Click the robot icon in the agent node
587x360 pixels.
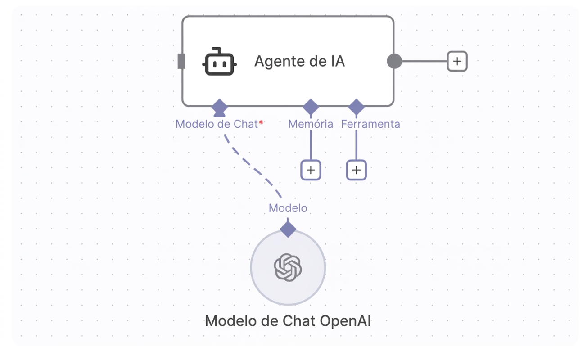(219, 62)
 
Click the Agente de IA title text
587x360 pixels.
(299, 61)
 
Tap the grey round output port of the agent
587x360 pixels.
(394, 61)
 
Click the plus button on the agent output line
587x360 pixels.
(457, 61)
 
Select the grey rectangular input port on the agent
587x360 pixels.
(181, 61)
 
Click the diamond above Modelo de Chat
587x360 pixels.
(219, 107)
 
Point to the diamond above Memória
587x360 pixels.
(311, 107)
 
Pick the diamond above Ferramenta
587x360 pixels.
(356, 107)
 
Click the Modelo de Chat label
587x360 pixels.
(217, 124)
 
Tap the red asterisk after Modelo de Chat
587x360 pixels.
(261, 122)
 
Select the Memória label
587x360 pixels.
(311, 124)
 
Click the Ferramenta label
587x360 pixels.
(370, 124)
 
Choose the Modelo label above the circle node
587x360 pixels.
(288, 208)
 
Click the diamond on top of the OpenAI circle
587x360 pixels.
(288, 229)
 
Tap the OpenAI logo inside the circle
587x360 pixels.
(288, 267)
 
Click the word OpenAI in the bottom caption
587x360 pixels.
(345, 321)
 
